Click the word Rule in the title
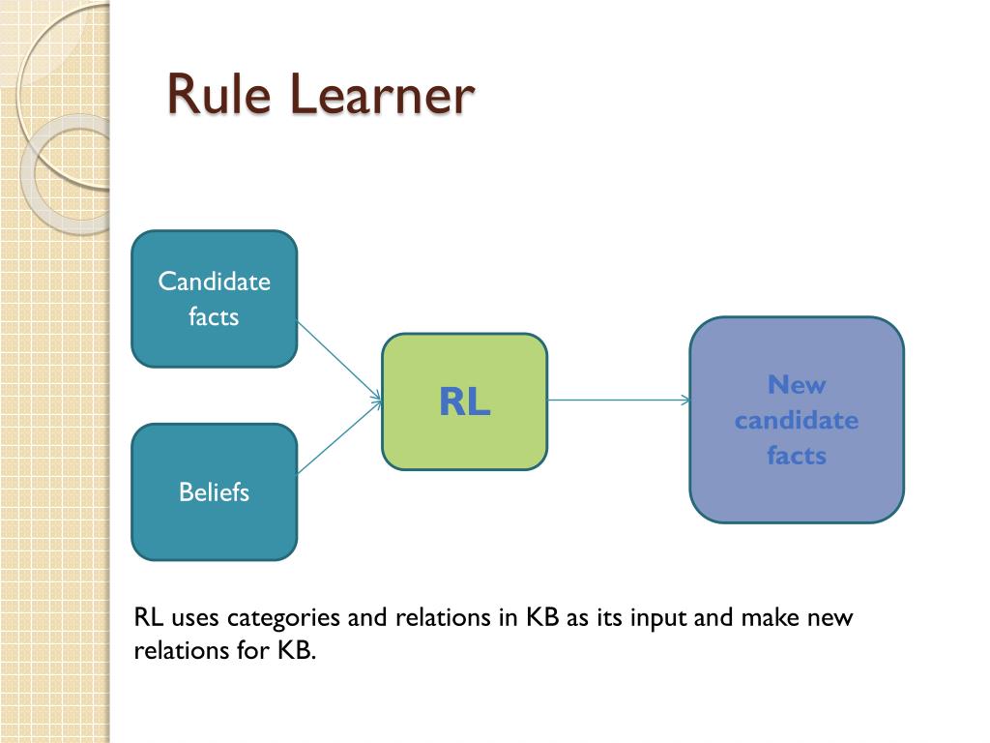pos(220,95)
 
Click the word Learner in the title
pos(382,95)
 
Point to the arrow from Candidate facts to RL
pos(338,359)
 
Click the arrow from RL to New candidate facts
pos(619,400)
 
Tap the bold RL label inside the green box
pos(464,401)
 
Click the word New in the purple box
pos(797,385)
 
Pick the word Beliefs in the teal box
pos(214,492)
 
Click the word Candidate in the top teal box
pos(214,282)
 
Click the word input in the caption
pos(659,618)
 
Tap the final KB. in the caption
pos(297,650)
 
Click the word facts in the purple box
pos(797,455)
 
